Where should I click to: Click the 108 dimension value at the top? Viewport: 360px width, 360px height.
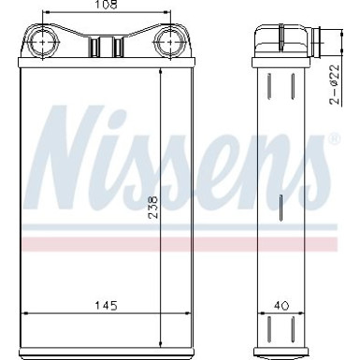pos(108,7)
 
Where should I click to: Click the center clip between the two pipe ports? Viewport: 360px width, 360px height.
pos(107,45)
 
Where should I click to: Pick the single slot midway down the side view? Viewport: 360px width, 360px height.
pos(281,205)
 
